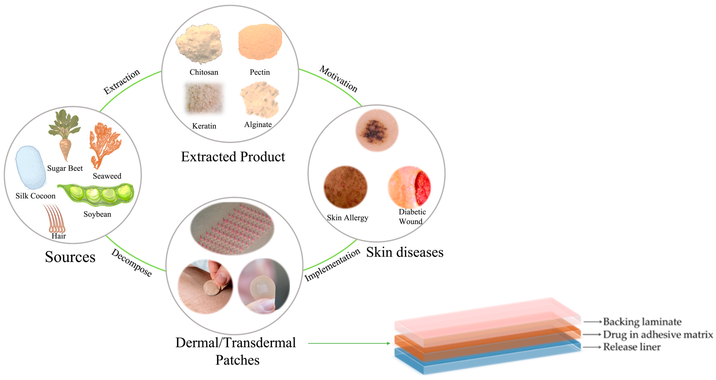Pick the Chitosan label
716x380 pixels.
pos(204,72)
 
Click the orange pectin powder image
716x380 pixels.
pos(260,42)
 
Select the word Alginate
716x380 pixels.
pos(258,125)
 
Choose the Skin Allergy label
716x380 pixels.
pos(347,218)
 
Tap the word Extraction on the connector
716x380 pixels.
pos(121,82)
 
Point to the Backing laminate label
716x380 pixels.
pos(642,322)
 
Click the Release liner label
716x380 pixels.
pos(631,347)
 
